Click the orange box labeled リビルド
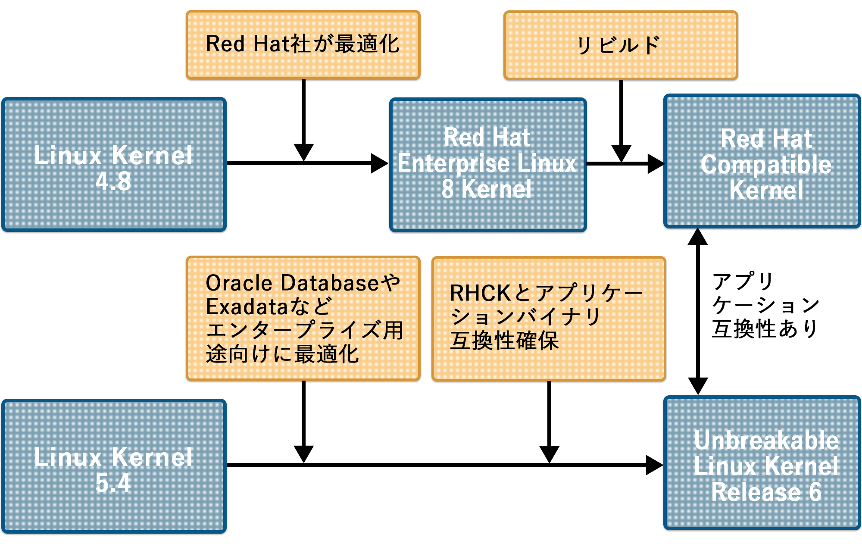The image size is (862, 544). (x=621, y=45)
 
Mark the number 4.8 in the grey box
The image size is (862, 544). (x=113, y=181)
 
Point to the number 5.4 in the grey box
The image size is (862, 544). (x=113, y=483)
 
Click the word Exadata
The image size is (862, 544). (x=247, y=306)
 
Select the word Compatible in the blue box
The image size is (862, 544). (x=766, y=165)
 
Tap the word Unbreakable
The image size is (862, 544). (x=766, y=441)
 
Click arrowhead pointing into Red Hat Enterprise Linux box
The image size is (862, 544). (x=379, y=163)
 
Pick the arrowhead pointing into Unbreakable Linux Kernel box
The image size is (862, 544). (x=654, y=465)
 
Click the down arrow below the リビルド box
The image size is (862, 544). (x=621, y=153)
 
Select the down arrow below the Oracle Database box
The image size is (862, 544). (x=303, y=453)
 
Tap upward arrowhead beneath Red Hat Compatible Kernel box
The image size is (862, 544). (x=698, y=237)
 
